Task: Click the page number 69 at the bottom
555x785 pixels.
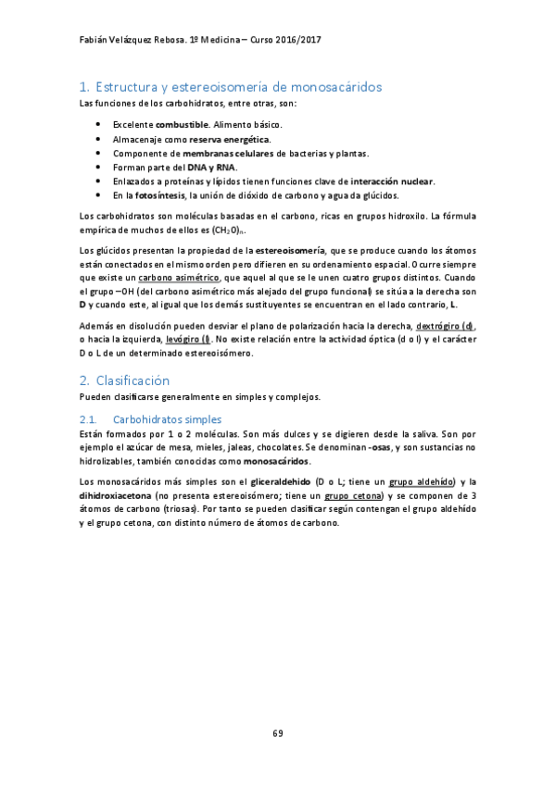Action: (277, 733)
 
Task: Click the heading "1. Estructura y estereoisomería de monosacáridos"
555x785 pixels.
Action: (231, 87)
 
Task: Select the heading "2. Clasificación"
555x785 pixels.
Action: (125, 380)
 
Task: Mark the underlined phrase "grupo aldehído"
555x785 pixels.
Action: (422, 481)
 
